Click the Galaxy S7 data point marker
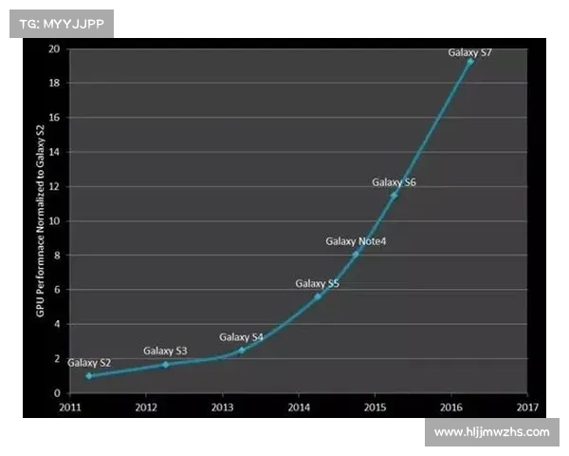tap(469, 61)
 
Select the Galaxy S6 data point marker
tap(394, 195)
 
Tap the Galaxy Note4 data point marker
tap(356, 254)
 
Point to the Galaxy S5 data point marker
tap(318, 296)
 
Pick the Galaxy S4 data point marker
tap(242, 350)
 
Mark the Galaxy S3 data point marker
tap(166, 364)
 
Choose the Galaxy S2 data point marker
tap(89, 375)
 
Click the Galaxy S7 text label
tap(469, 51)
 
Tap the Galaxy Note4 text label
tap(356, 241)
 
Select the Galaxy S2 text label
tap(89, 363)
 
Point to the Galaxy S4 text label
tap(242, 337)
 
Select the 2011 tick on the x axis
tap(69, 407)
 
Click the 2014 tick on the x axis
tap(298, 407)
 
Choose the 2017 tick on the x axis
tap(527, 407)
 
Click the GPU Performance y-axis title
tap(41, 220)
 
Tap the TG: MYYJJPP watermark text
tap(61, 23)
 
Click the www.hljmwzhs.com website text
tap(492, 432)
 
